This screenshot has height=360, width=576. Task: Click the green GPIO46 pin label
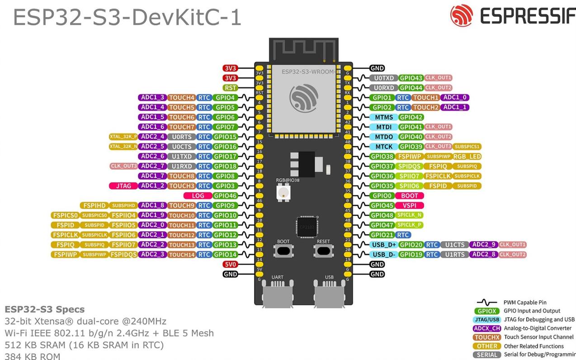(225, 196)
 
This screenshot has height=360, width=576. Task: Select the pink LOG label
(198, 196)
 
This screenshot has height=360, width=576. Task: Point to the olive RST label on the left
(230, 88)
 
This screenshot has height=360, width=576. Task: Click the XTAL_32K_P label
(123, 137)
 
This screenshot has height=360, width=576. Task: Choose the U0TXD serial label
(383, 78)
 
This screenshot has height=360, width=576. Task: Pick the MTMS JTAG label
(383, 117)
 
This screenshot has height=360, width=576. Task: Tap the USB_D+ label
(383, 245)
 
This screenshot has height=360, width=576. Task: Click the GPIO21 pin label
(382, 235)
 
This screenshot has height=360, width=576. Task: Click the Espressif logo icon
(461, 16)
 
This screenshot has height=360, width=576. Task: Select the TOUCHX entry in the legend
(486, 337)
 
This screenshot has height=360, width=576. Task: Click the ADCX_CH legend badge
(486, 328)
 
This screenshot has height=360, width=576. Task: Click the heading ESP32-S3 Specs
(44, 310)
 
